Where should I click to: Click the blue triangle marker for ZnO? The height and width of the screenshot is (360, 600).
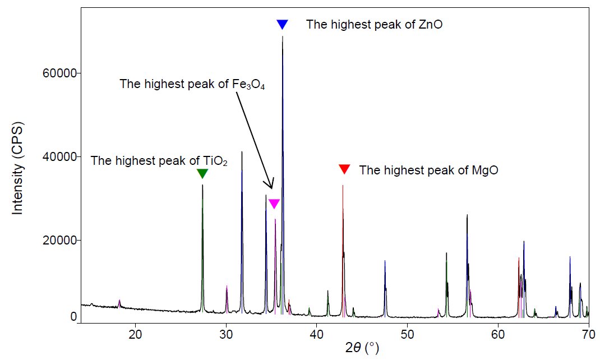tap(282, 24)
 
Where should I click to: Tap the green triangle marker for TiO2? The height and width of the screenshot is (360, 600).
tap(202, 174)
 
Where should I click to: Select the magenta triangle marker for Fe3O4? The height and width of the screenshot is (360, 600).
tap(274, 204)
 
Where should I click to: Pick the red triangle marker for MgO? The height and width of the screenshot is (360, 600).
tap(344, 169)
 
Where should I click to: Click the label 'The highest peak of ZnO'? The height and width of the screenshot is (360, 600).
tap(375, 25)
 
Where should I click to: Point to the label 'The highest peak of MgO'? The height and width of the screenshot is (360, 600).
tap(428, 170)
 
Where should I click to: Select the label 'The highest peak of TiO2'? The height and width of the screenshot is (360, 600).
tap(159, 161)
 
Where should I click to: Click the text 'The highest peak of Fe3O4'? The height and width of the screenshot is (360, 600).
tap(192, 85)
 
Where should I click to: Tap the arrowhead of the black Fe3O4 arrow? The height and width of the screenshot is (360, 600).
tap(271, 188)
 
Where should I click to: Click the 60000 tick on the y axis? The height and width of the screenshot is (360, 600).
tap(60, 73)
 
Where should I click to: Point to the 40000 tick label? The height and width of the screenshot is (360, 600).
tap(60, 156)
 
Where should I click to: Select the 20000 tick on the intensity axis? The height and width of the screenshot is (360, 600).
tap(60, 240)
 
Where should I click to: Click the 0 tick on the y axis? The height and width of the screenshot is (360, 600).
tap(73, 317)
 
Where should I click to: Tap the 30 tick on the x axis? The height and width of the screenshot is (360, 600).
tap(225, 335)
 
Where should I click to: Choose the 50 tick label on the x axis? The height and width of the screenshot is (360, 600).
tap(407, 335)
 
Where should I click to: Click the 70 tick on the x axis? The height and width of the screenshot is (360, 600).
tap(588, 335)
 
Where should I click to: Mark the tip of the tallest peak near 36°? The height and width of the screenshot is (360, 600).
tap(283, 37)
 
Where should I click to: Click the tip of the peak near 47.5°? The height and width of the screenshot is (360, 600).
tap(385, 261)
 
